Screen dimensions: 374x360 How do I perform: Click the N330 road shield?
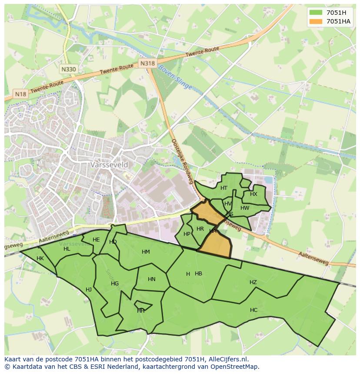(x=68, y=69)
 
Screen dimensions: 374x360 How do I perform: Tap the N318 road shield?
(x=147, y=63)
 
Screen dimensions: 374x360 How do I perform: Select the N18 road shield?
(x=20, y=94)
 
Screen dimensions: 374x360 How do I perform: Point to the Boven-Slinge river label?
(x=175, y=77)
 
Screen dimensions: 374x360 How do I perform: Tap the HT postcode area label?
(x=224, y=188)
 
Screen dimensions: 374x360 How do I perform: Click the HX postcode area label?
(x=253, y=194)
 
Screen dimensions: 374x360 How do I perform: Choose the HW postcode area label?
(x=245, y=208)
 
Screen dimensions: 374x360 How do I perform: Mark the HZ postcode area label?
(x=253, y=282)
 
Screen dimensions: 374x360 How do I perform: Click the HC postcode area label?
(x=253, y=310)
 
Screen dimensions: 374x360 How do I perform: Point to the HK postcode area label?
(x=40, y=258)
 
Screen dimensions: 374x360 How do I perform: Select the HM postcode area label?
(x=146, y=252)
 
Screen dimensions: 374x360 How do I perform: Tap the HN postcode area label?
(x=151, y=279)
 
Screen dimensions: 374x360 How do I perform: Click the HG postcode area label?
(x=115, y=284)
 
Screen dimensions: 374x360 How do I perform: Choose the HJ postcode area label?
(x=89, y=290)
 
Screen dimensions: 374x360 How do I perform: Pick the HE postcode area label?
(x=96, y=240)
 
